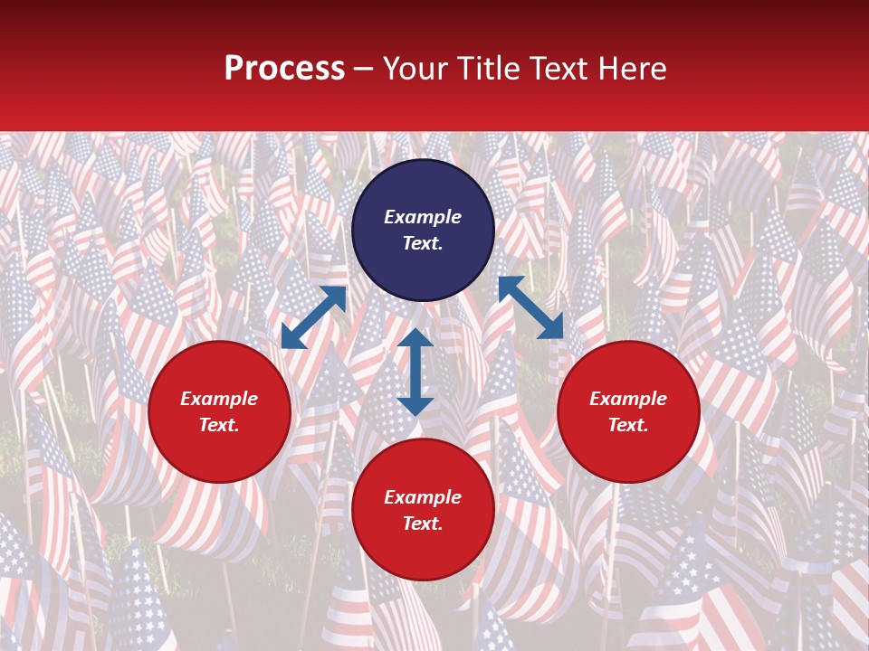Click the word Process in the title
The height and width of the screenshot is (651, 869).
tap(284, 69)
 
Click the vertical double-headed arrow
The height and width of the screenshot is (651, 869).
tap(415, 372)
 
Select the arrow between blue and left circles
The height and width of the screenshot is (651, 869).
tap(313, 317)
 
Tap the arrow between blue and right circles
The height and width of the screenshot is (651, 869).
tap(530, 307)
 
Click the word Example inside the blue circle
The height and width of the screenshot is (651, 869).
tap(423, 217)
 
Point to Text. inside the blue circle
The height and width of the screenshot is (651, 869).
tap(423, 243)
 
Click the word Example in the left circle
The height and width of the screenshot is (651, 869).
tap(219, 399)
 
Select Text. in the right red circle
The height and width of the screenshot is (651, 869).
tap(628, 425)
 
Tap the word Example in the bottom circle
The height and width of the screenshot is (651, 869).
tap(423, 497)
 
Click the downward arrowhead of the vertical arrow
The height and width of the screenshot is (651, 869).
tap(415, 406)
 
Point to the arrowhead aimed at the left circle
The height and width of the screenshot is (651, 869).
tap(292, 338)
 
